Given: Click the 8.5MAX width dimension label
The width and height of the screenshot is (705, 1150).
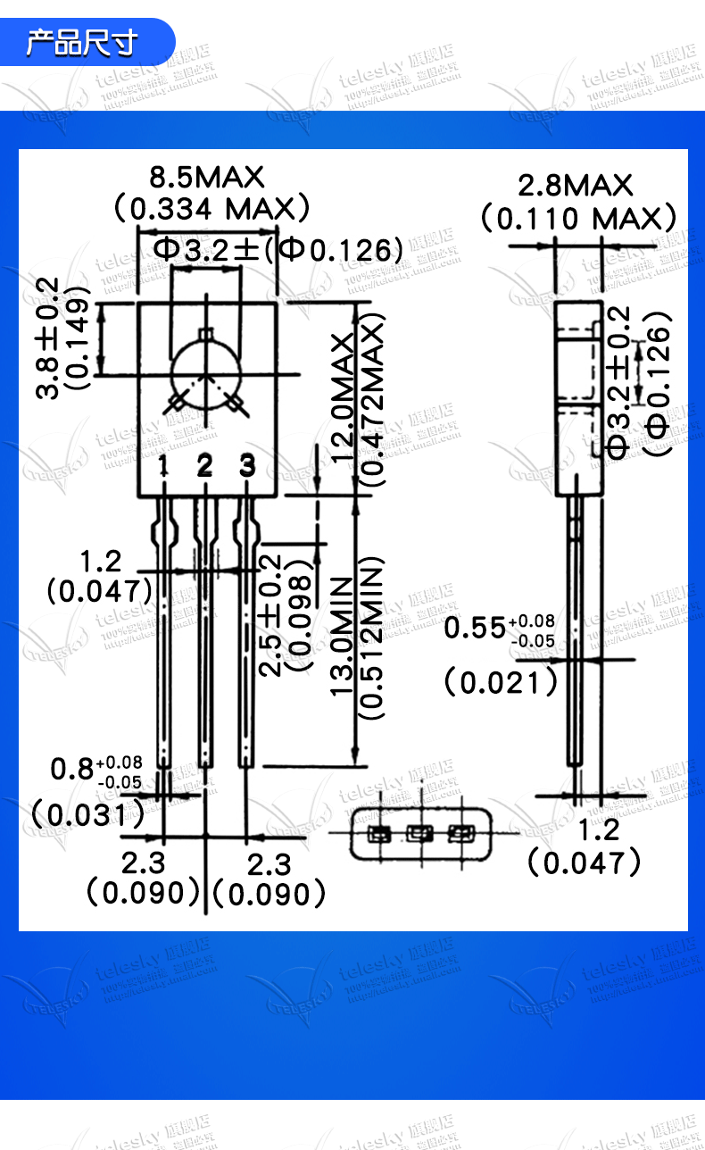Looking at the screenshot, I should (207, 176).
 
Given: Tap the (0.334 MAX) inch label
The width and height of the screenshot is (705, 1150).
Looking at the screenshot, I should (212, 209).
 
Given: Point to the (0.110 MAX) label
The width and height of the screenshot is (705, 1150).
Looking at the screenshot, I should (578, 219).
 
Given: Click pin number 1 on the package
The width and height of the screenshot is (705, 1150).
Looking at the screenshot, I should (164, 466).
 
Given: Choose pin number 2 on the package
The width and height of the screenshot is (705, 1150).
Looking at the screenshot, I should (205, 466).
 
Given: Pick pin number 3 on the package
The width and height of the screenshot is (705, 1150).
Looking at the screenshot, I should (247, 466).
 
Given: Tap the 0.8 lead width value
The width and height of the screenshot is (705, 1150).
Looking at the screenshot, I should (70, 769).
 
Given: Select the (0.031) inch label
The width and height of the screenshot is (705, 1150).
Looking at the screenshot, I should (87, 813).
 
